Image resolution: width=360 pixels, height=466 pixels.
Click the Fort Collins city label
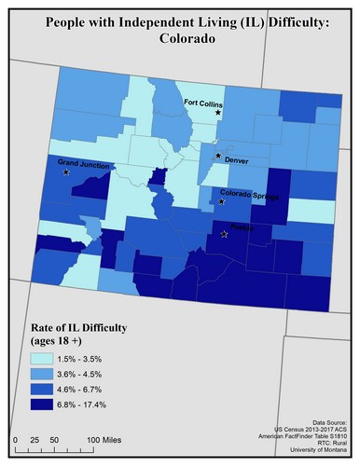(x=202, y=103)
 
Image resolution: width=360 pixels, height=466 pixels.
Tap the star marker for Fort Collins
(x=218, y=113)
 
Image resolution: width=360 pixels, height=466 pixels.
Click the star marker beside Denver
(x=218, y=156)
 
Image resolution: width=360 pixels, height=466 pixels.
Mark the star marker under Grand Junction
(x=66, y=172)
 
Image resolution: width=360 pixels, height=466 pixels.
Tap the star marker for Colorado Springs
(x=222, y=201)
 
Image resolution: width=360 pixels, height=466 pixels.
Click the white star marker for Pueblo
(x=224, y=235)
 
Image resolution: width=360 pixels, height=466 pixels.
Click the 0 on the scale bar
(x=16, y=438)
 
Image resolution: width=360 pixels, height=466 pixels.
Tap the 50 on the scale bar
(x=55, y=438)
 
